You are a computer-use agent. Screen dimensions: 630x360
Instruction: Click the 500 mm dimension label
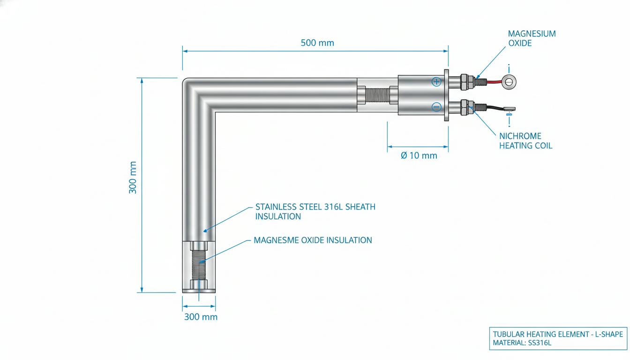point(317,43)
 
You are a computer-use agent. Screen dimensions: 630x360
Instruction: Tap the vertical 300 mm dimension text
point(133,178)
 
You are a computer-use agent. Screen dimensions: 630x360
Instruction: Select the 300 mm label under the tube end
point(201,317)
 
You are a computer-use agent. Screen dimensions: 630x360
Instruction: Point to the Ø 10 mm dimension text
point(419,156)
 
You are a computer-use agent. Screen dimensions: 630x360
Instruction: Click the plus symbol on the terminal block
point(436,82)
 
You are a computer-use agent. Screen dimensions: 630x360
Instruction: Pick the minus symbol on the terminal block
point(436,107)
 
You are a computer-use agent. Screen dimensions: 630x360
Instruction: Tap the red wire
point(494,82)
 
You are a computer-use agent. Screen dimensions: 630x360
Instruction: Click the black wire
point(494,107)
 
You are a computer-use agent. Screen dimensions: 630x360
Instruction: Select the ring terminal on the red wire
point(509,82)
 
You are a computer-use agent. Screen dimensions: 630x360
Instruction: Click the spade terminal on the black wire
point(509,109)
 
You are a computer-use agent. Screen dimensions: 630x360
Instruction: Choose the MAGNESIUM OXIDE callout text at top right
point(532,38)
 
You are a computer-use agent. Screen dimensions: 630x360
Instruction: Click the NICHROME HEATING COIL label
point(525,141)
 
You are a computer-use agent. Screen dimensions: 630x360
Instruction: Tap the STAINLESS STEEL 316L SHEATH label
point(315,207)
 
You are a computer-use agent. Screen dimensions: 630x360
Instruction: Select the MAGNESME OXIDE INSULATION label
point(313,240)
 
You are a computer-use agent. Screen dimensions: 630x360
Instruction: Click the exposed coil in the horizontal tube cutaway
point(377,95)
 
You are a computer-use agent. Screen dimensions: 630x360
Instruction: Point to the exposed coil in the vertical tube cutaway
point(199,264)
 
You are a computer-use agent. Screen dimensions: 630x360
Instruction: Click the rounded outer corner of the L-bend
point(186,81)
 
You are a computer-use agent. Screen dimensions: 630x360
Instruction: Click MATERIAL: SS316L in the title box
point(522,343)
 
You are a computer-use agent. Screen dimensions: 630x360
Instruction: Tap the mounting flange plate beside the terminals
point(446,95)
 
